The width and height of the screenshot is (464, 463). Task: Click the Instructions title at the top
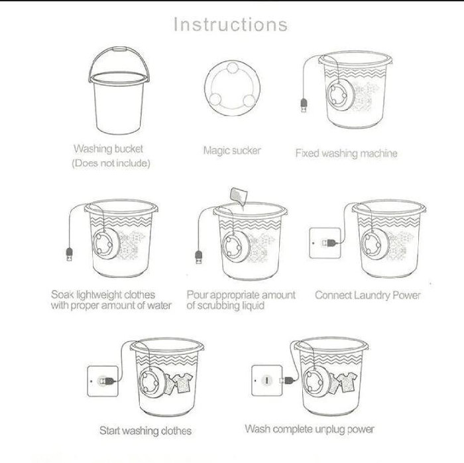click(230, 25)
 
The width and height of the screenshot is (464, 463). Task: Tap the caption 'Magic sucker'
click(232, 151)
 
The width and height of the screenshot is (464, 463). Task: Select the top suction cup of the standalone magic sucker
click(233, 68)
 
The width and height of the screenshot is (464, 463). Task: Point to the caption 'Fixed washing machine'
click(346, 153)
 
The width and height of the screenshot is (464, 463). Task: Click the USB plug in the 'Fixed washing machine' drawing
click(304, 105)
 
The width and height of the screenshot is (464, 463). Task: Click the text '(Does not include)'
click(111, 163)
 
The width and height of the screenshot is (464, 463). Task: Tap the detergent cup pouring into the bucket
click(239, 196)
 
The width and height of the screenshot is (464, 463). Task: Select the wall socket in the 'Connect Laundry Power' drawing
click(325, 243)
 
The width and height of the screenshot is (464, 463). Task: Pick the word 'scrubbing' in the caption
click(217, 306)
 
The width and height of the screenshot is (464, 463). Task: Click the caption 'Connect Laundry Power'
click(367, 295)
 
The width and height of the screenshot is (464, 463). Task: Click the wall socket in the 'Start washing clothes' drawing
click(103, 381)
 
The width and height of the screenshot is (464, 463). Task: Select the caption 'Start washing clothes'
click(145, 430)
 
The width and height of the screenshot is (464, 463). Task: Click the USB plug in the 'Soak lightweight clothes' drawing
click(70, 255)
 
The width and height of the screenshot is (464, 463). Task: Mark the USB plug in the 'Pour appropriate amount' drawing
click(199, 257)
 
